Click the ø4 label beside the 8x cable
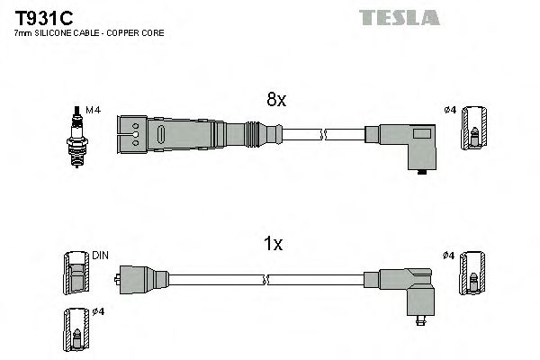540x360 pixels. pos(451,110)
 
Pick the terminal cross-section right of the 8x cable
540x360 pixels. pos(472,129)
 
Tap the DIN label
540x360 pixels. pos(100,256)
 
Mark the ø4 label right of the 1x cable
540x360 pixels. pos(451,256)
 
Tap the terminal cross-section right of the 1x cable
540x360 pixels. pos(472,273)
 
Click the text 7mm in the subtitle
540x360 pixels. pos(21,33)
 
